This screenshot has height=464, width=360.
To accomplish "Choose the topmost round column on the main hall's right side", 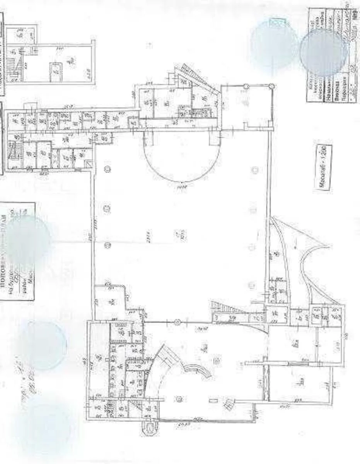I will pos(254,169).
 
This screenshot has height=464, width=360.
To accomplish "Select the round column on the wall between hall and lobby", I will pos(177,321).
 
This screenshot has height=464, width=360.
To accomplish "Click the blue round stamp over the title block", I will pos(323,52).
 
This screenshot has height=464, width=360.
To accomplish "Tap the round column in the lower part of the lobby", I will pos(178,399).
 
